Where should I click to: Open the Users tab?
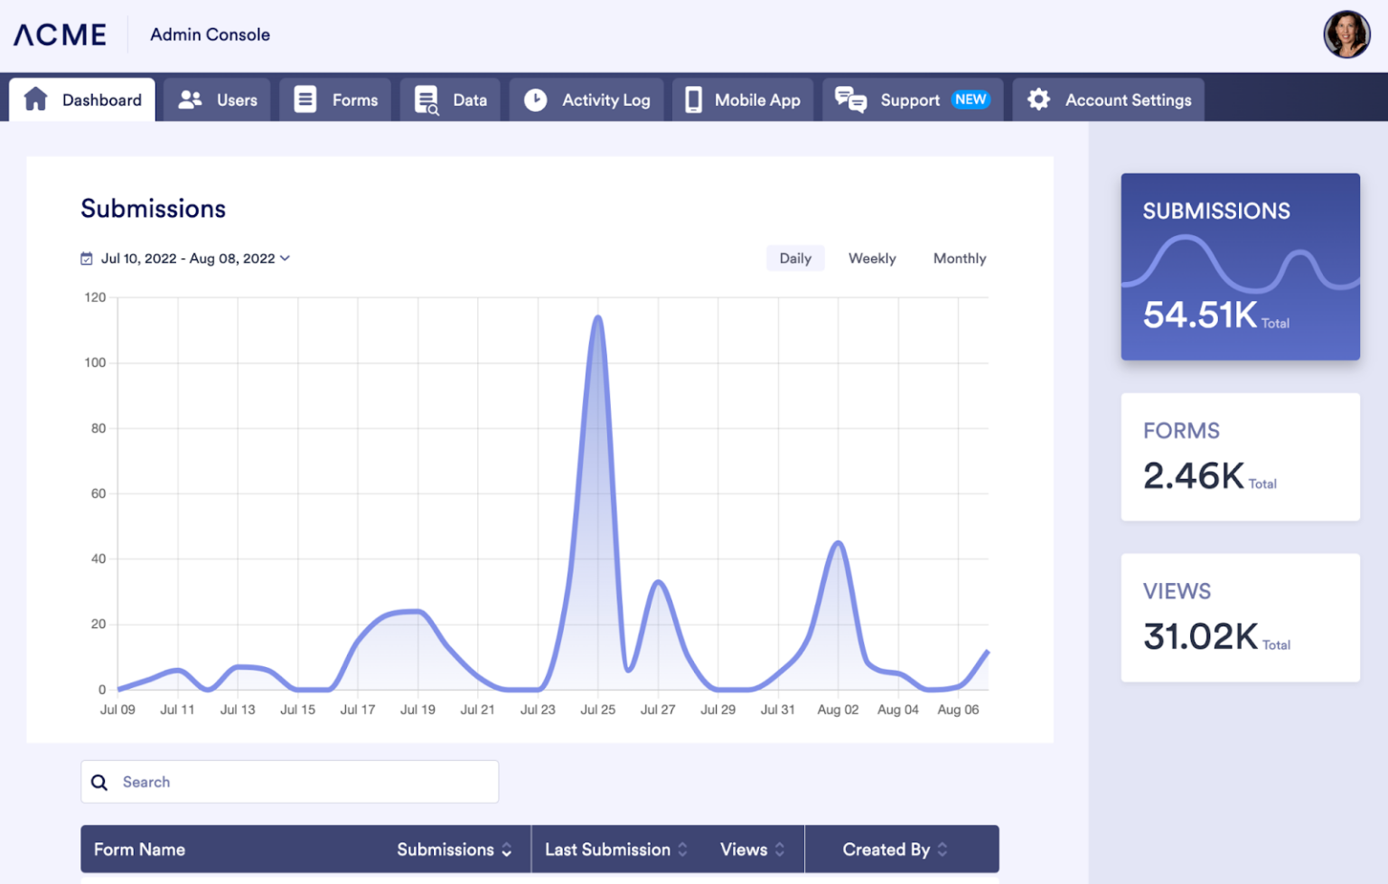(218, 100)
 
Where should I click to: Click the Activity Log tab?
(586, 100)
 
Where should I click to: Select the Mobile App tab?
(743, 100)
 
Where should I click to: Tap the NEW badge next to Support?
(971, 99)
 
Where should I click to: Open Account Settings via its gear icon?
(1039, 99)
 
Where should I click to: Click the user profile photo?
(1346, 34)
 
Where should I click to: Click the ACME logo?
(60, 34)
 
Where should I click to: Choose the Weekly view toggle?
(872, 259)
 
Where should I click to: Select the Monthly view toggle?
(960, 259)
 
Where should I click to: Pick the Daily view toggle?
(795, 259)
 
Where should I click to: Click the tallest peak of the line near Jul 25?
(597, 317)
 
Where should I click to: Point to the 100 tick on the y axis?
(95, 362)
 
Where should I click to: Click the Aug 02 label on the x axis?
(838, 710)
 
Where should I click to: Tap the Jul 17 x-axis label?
(358, 710)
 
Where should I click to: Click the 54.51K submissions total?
(1200, 315)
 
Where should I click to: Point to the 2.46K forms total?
(1194, 475)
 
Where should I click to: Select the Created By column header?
(886, 850)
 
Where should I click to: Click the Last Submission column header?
(608, 850)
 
